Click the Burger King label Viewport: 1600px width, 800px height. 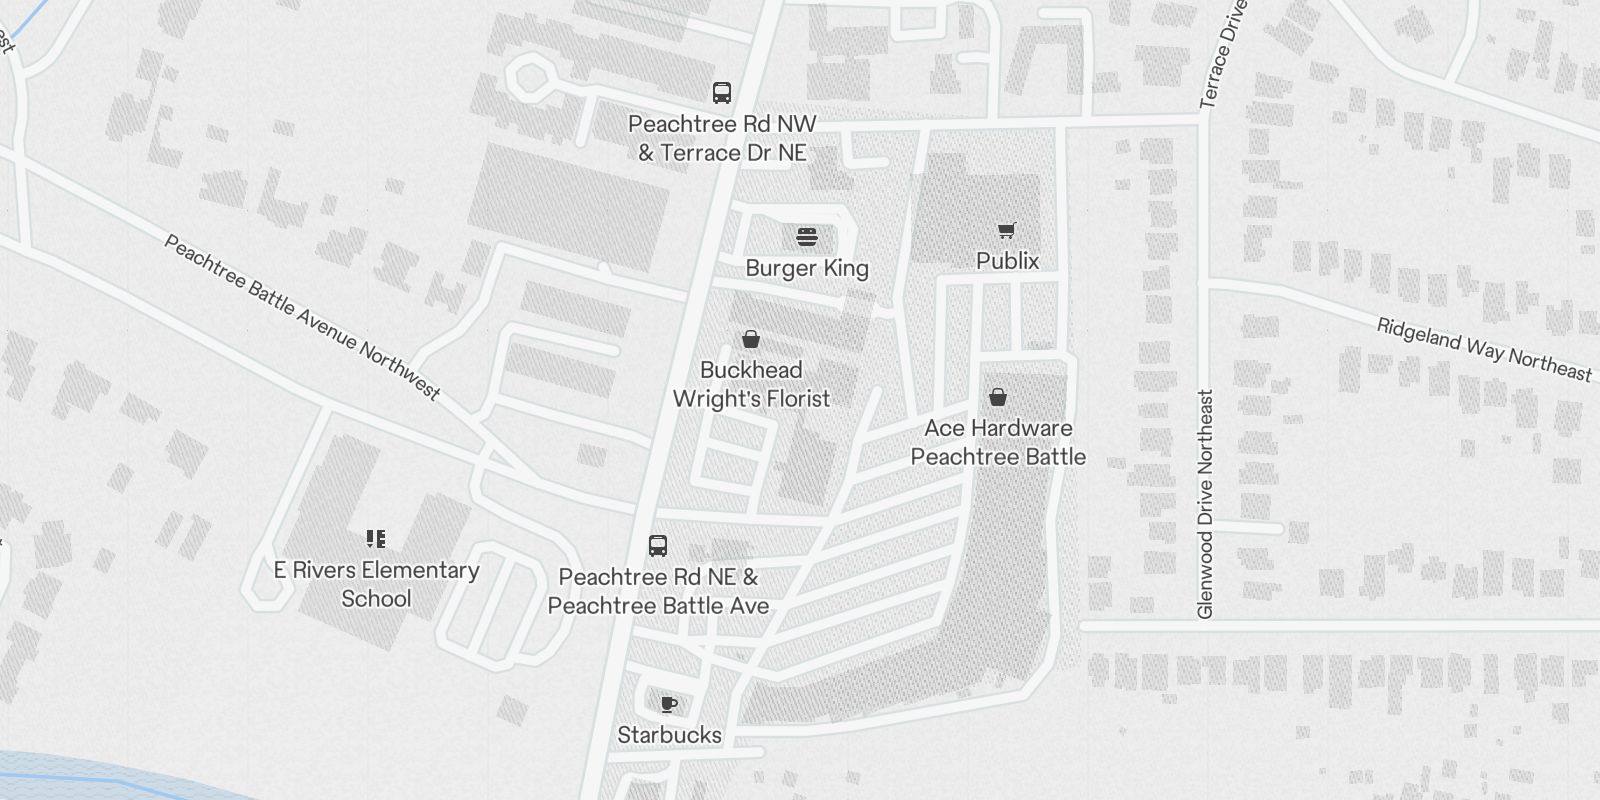tap(807, 268)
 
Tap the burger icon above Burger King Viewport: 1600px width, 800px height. tap(807, 237)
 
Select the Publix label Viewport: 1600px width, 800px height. tap(1007, 261)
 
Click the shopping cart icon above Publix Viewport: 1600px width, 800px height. tap(1007, 231)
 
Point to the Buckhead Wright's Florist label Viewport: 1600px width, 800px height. tap(751, 384)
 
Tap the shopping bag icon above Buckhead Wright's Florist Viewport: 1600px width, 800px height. tap(751, 340)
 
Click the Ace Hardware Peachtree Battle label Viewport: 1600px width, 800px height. tap(998, 442)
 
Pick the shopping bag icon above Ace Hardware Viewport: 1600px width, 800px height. tap(998, 398)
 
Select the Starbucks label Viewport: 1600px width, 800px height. tap(669, 735)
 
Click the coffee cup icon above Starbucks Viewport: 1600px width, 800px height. tap(669, 705)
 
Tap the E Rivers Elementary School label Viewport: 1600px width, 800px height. tap(376, 584)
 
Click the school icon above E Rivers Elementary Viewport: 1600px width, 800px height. tap(376, 540)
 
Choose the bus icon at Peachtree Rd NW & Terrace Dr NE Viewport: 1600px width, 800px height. tap(722, 93)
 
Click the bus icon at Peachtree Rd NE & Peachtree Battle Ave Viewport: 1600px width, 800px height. tap(658, 546)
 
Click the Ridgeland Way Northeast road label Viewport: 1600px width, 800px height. tap(1484, 350)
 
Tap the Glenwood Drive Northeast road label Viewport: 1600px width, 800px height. tap(1205, 503)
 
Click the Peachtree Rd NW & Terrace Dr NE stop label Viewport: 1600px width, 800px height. tap(722, 138)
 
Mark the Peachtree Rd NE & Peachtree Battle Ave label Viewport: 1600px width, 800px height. tap(658, 591)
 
